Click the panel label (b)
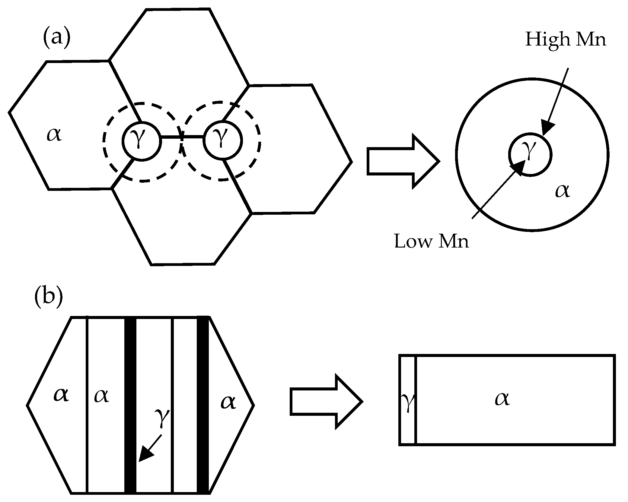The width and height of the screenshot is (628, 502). pos(48,297)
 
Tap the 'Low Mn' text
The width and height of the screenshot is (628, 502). pos(432,241)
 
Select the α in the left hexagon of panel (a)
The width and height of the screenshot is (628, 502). pos(54,134)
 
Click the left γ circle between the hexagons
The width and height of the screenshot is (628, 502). pos(141,141)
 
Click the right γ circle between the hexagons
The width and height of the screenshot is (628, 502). pos(223,140)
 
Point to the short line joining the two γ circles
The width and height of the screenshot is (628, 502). pos(182,138)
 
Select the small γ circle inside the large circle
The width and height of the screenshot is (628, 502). pos(530,154)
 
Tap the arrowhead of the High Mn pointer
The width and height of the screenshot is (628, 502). pos(547,128)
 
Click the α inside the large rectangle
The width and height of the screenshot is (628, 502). pos(502,399)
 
